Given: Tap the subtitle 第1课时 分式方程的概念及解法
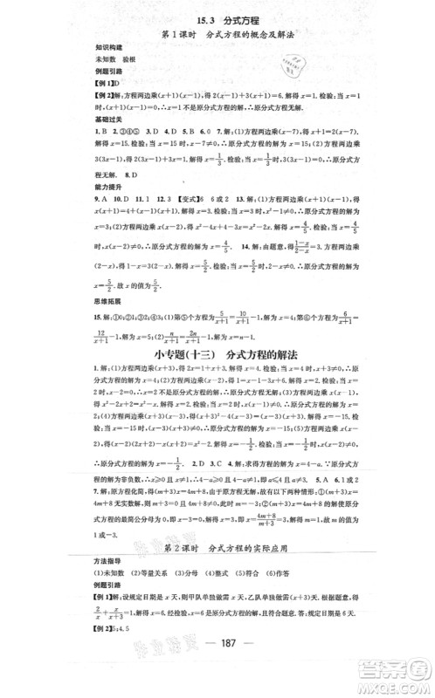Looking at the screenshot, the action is tap(217, 35).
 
